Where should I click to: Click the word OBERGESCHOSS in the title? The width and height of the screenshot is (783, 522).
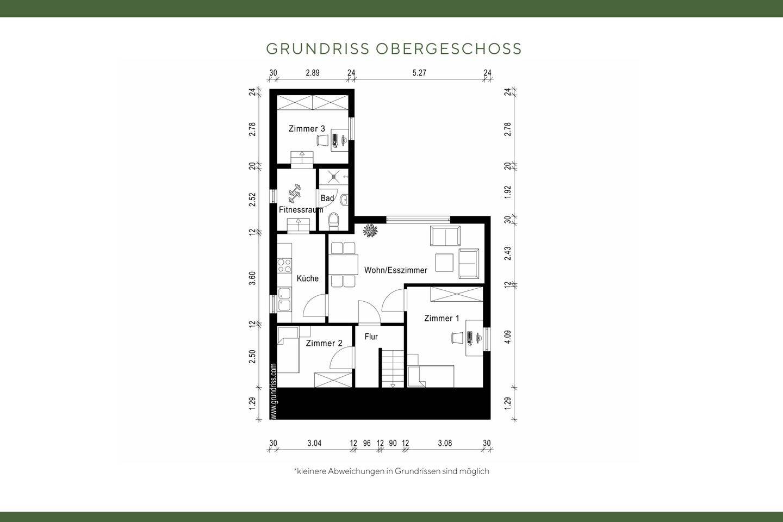coord(449,49)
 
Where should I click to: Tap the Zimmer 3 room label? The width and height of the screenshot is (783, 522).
coord(307,129)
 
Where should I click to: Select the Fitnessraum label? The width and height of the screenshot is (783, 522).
coord(301,209)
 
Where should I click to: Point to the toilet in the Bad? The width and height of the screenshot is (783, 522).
coord(334,220)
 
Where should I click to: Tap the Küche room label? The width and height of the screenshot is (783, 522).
coord(307,278)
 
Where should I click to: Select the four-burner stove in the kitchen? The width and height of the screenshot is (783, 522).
coord(284,265)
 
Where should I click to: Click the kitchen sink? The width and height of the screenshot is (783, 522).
coord(284,299)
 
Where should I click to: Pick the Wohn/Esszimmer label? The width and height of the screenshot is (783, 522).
coord(395,270)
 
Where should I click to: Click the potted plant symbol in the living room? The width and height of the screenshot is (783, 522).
coord(370,230)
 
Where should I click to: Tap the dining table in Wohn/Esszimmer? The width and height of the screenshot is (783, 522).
coord(343,265)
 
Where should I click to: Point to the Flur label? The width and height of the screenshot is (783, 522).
coord(371,337)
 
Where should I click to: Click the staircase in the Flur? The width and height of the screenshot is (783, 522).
coord(389,368)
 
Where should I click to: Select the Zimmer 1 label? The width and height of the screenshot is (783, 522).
coord(442,318)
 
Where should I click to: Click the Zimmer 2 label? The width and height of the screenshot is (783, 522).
coord(324,343)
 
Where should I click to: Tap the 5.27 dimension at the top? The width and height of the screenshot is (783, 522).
coord(419,73)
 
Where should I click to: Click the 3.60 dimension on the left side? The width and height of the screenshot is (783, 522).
coord(252,278)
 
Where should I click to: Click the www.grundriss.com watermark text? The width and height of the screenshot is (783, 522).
coord(274,391)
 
